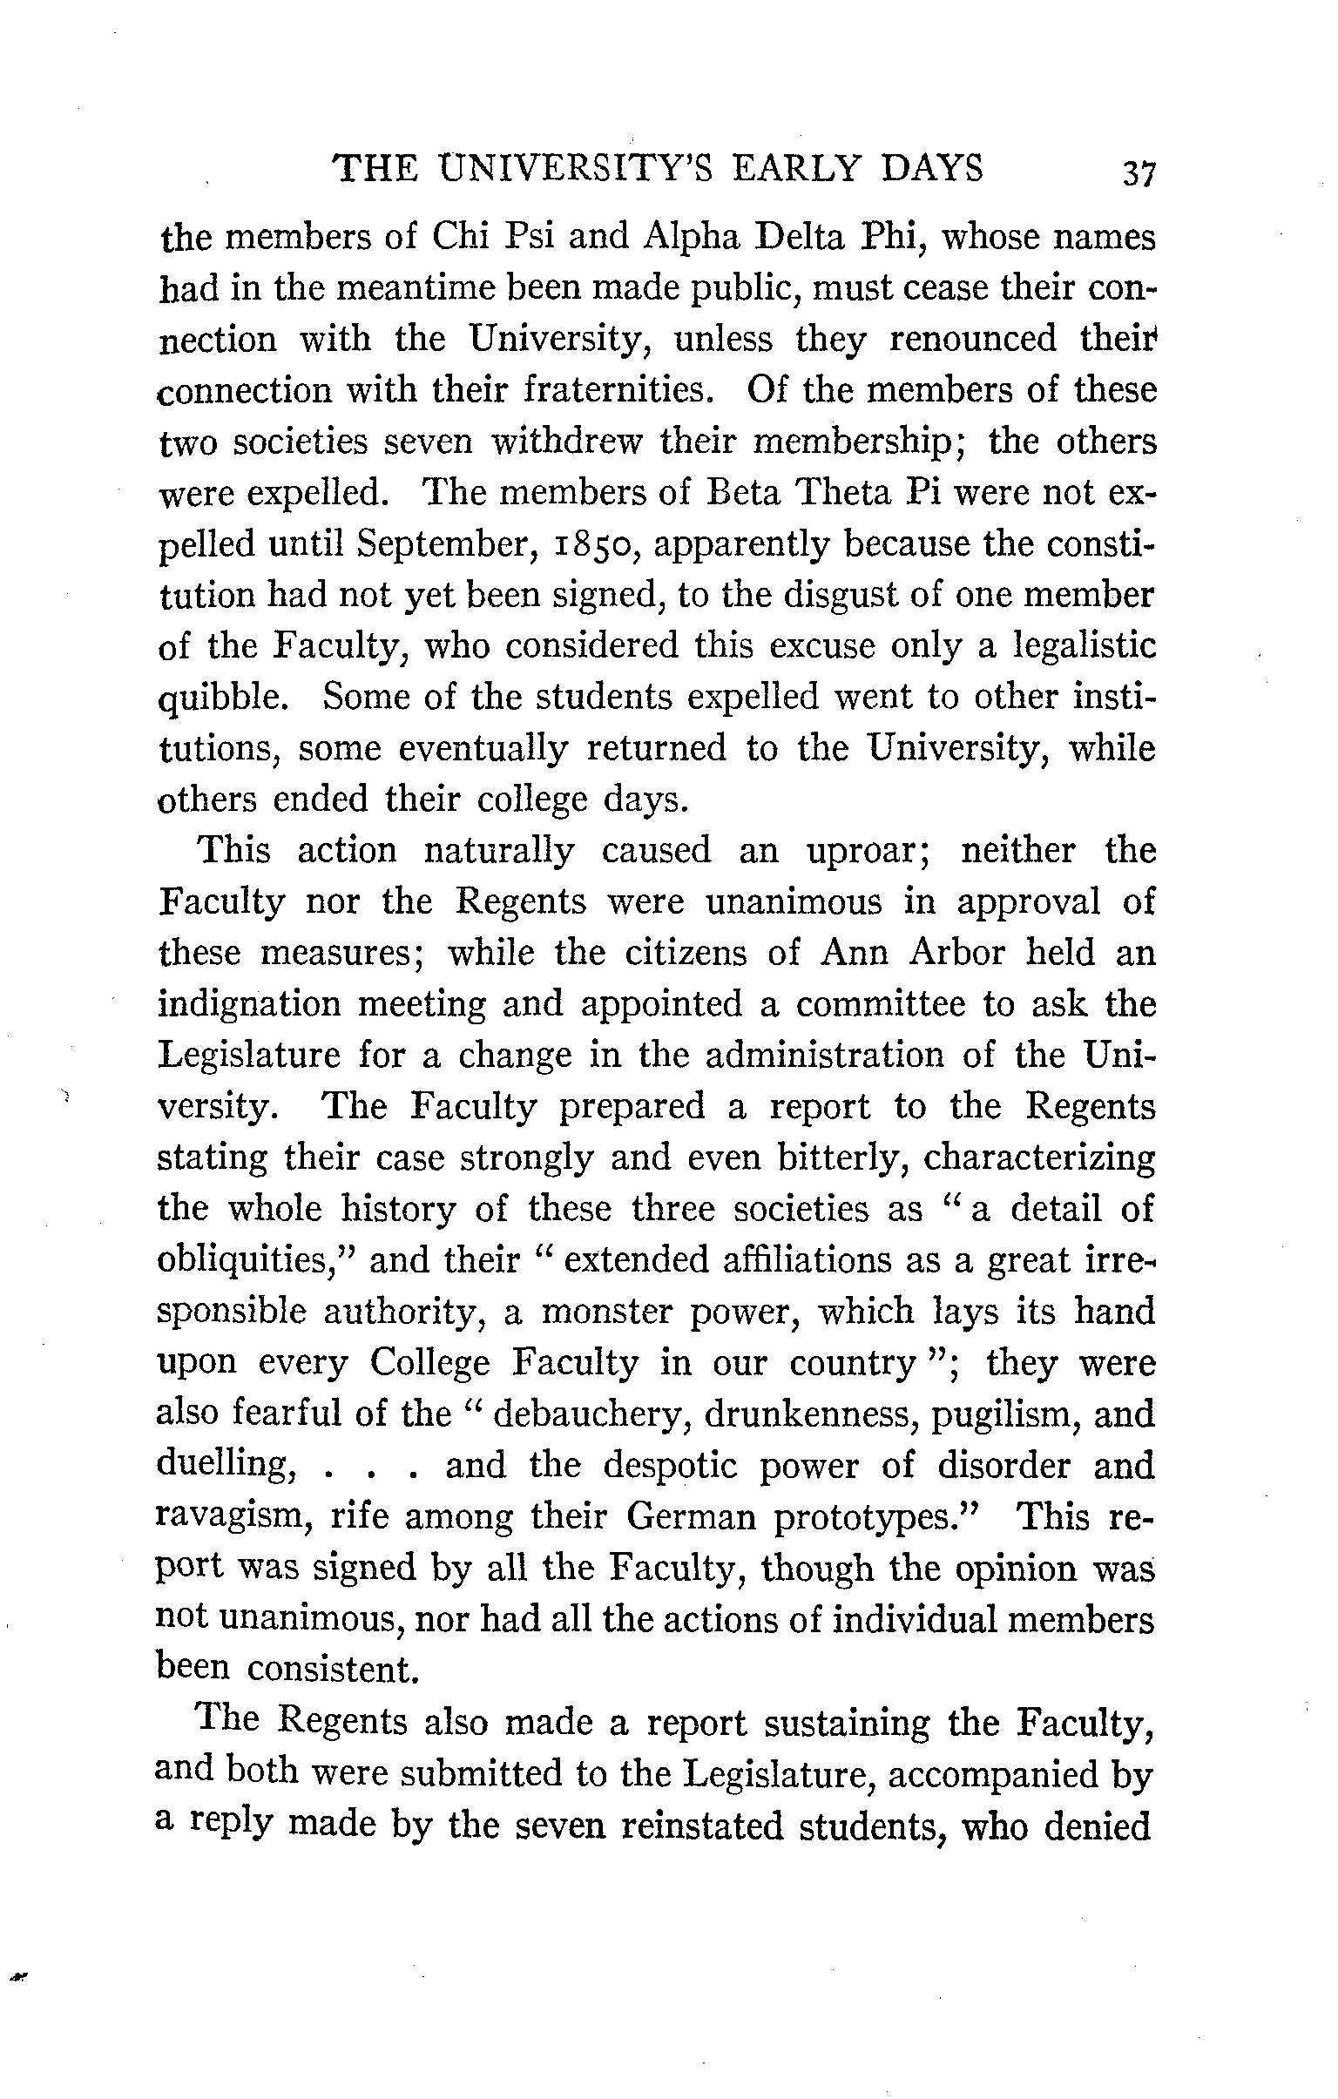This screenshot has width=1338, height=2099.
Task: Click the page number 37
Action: (x=1139, y=172)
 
